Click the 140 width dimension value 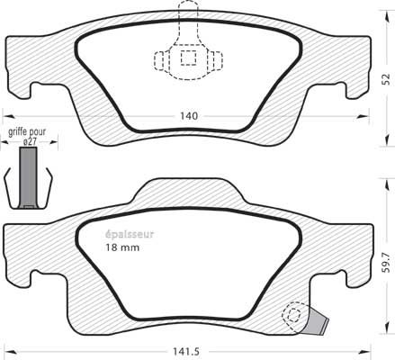[x=189, y=116]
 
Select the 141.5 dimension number [x=186, y=351]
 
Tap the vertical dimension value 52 [x=387, y=79]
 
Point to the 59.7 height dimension [x=387, y=263]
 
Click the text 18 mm [x=122, y=247]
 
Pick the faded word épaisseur [x=130, y=234]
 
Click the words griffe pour [x=27, y=132]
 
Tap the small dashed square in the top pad [x=188, y=58]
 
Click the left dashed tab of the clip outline [x=159, y=61]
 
